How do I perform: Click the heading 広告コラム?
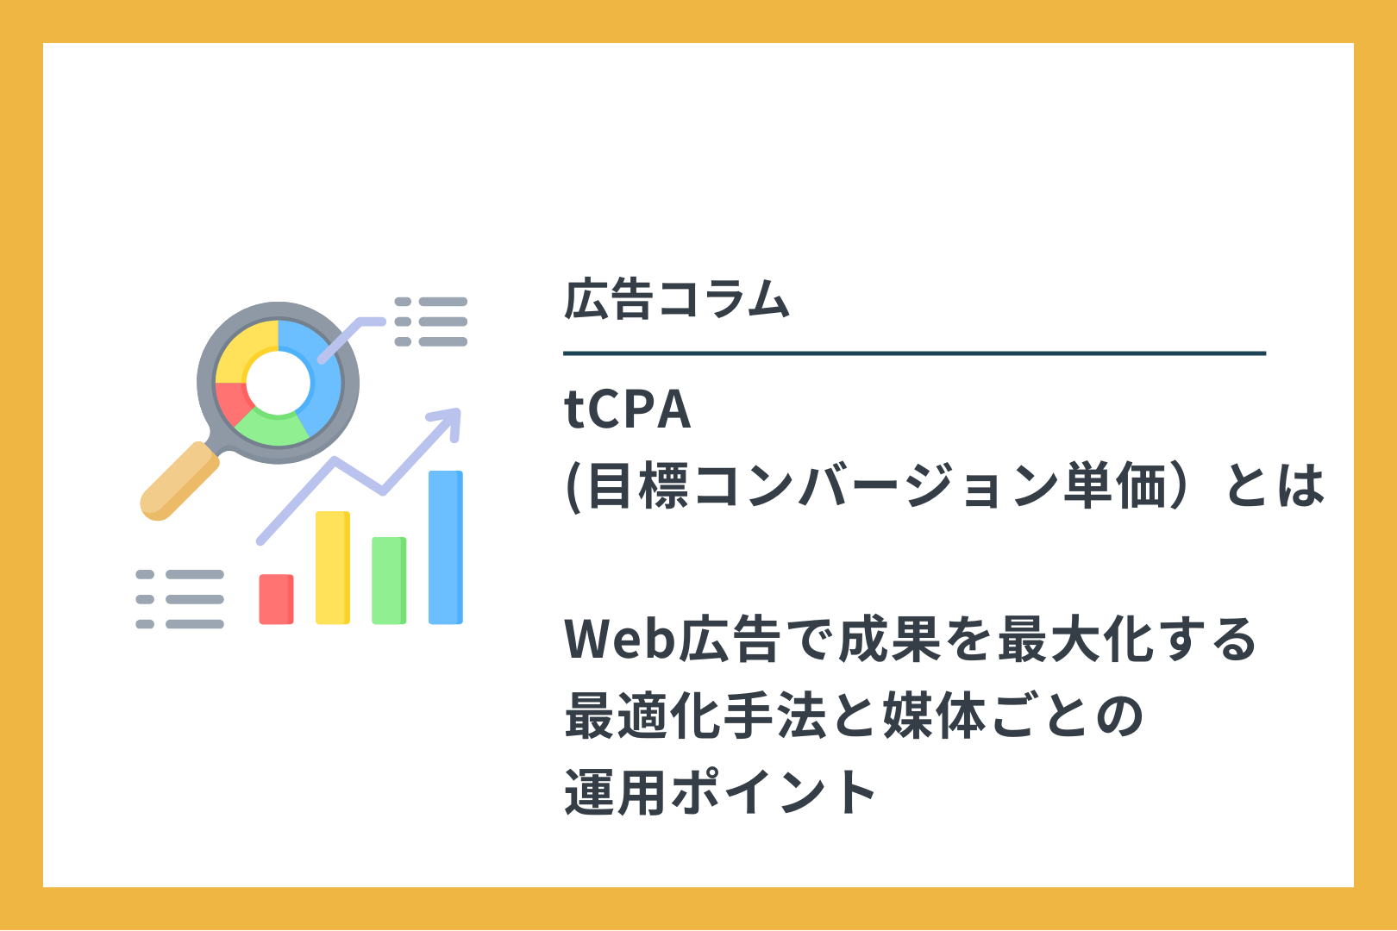tap(677, 299)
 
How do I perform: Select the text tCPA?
tap(628, 409)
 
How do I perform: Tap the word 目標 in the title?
tap(637, 486)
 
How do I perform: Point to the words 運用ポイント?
tap(720, 792)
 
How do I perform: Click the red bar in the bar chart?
tap(276, 598)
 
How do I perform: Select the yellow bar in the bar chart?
tap(332, 567)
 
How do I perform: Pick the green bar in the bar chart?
tap(389, 580)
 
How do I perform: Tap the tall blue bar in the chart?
tap(445, 547)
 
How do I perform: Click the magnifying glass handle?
tap(179, 481)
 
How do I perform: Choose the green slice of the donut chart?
tap(273, 429)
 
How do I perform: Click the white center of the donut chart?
tap(279, 383)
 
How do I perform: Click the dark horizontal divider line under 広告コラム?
tap(914, 353)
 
